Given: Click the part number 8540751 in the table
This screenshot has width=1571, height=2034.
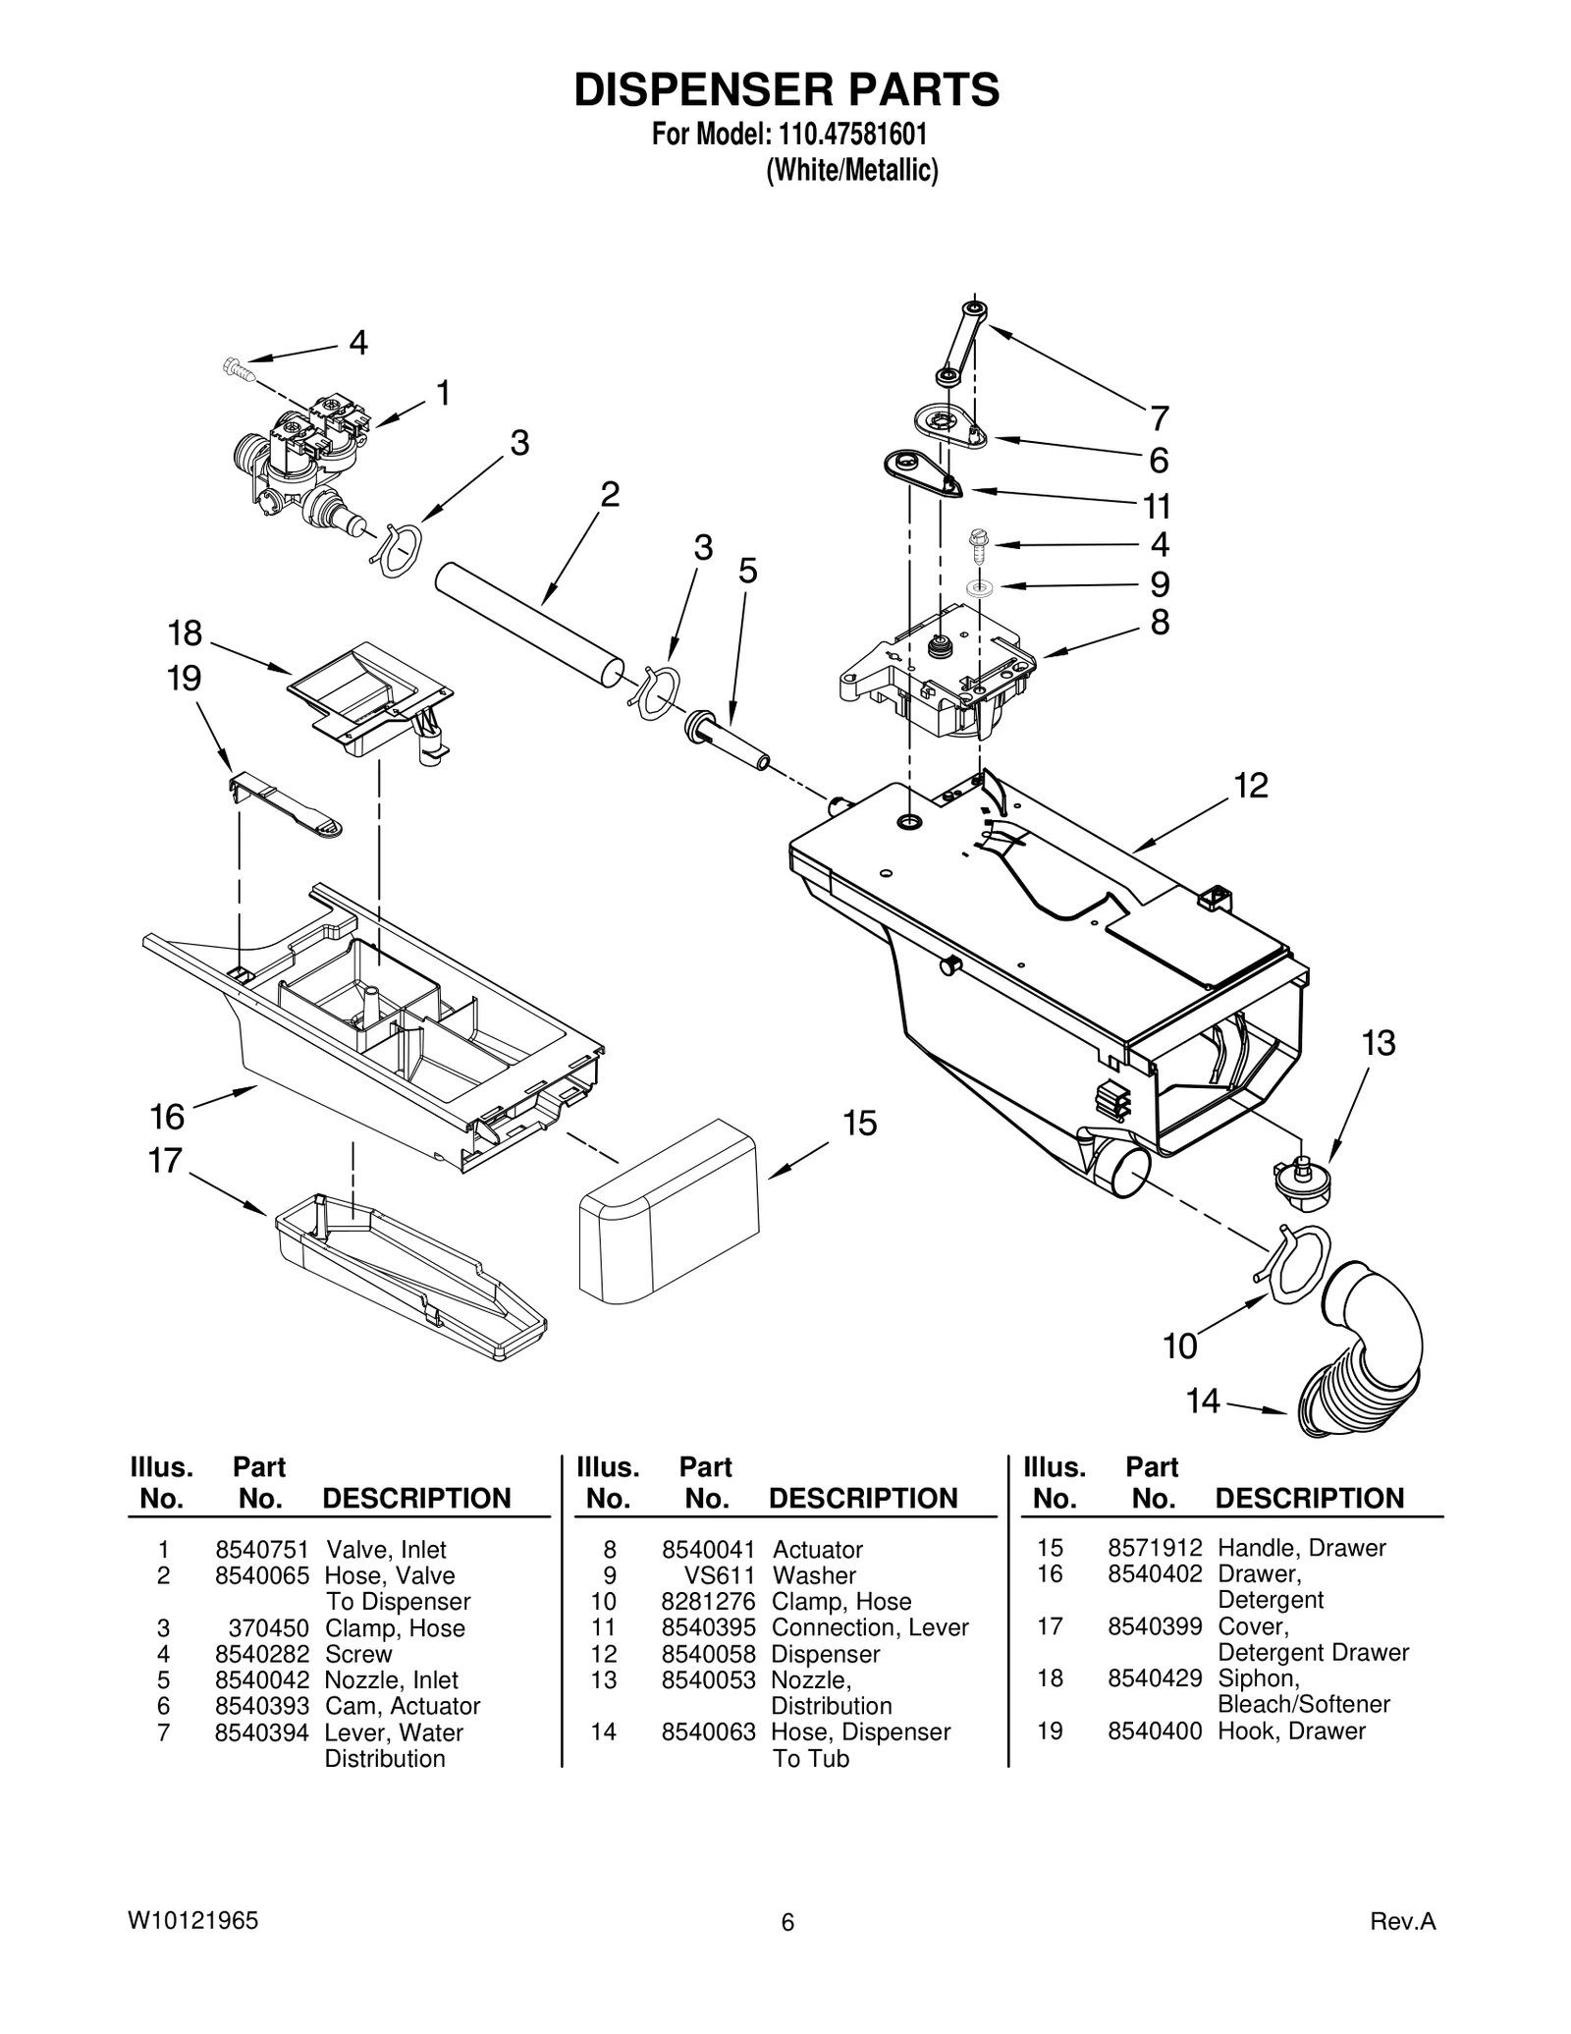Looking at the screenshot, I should [261, 1550].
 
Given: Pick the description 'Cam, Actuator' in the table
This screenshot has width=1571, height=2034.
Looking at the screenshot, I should [403, 1706].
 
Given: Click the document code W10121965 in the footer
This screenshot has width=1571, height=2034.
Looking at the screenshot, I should [192, 1921].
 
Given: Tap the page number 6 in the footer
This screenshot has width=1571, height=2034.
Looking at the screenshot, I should [786, 1924].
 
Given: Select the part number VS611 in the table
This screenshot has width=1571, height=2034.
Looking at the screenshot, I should [719, 1576].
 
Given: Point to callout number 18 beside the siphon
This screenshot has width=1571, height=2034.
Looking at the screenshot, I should [185, 633].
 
